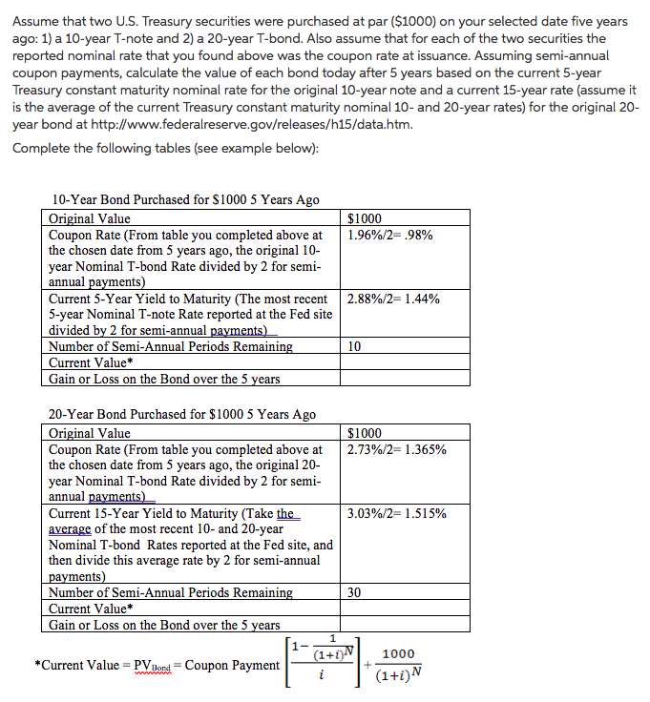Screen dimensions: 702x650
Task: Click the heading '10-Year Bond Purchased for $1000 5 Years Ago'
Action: tap(186, 199)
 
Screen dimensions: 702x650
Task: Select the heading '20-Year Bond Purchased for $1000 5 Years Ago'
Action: tap(182, 414)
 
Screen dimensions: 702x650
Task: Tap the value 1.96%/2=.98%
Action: tap(389, 235)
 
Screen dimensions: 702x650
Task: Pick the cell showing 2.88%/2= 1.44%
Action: tap(394, 299)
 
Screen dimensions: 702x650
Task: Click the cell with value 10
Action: tap(355, 347)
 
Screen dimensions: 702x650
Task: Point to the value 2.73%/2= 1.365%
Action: tap(397, 449)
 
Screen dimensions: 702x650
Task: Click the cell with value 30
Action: tap(355, 592)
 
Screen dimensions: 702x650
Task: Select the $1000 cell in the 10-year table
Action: tap(366, 218)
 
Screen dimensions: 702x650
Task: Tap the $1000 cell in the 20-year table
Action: tap(366, 433)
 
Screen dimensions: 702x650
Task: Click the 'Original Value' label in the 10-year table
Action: tap(90, 218)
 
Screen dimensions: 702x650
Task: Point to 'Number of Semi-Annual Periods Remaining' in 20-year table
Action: tap(171, 592)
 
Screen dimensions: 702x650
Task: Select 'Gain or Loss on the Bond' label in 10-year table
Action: tap(164, 379)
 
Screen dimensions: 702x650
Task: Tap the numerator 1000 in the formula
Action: tap(397, 654)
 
